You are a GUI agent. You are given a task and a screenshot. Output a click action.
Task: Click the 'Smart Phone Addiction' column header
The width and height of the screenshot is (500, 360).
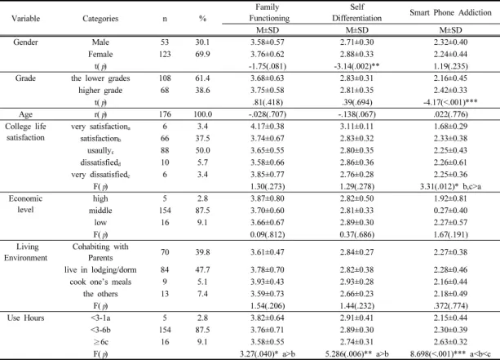pos(450,13)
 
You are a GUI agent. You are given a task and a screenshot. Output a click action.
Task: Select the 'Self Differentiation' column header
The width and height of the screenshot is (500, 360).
pos(356,12)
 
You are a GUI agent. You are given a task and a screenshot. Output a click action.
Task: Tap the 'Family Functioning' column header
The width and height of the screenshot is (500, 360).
pos(269,12)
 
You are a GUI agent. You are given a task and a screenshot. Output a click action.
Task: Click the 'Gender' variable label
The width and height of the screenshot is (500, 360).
pos(25,42)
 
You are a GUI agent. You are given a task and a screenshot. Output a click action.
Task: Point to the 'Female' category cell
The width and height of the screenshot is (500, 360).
pos(100,54)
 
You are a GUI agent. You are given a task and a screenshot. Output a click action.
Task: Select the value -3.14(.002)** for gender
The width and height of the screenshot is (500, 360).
pos(356,66)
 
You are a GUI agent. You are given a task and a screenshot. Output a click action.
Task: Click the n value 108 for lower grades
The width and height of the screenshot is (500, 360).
pos(165,78)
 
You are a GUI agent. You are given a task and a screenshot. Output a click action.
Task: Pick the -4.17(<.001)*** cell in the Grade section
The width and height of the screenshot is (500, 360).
pos(450,102)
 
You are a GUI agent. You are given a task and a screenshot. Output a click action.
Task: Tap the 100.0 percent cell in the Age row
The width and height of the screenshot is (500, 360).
pos(202,114)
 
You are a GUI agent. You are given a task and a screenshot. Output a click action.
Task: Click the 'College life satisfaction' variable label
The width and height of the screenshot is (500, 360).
pos(25,132)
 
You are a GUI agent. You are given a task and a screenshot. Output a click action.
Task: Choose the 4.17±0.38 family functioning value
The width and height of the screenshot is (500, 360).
pos(268,127)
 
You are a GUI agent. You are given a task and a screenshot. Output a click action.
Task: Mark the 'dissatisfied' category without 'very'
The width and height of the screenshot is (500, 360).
pos(100,162)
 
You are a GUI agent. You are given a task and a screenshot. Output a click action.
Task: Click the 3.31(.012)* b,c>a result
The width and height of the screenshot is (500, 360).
pos(450,186)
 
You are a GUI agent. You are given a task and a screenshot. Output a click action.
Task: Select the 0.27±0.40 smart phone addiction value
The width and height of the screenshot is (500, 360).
pos(450,211)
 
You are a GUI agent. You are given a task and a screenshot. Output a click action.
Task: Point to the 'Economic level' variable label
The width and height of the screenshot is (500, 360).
pos(25,204)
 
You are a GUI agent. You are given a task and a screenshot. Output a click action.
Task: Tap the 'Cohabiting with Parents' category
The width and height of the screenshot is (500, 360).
pos(100,252)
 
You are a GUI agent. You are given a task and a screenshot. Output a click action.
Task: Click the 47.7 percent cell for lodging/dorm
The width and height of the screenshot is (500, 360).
pos(202,269)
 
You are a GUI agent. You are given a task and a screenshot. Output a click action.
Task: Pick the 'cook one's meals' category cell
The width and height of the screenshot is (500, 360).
pos(100,282)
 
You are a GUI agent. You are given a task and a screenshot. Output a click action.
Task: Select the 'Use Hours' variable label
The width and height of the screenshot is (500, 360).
pos(25,318)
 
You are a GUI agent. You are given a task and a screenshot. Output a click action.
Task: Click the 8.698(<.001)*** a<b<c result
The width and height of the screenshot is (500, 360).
pos(450,354)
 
